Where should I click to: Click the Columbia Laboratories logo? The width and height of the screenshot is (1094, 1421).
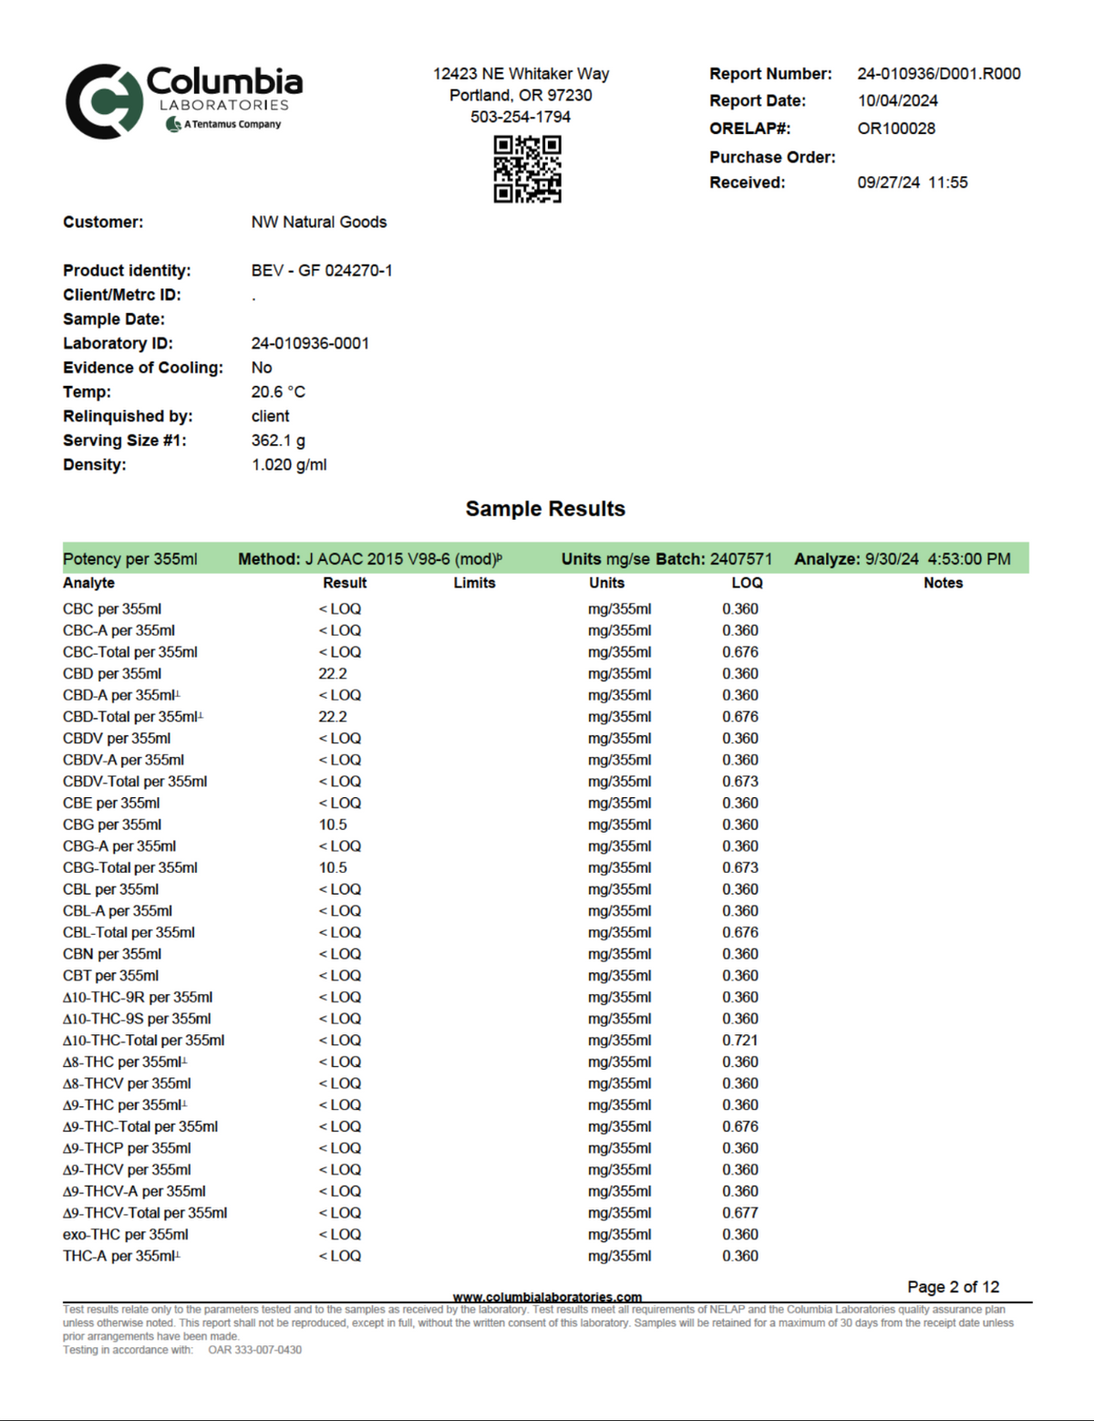[x=182, y=100]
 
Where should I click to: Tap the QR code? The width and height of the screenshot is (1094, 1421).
[x=527, y=169]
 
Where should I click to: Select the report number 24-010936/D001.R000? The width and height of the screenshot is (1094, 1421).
[x=938, y=74]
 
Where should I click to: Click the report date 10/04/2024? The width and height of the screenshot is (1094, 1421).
[x=897, y=101]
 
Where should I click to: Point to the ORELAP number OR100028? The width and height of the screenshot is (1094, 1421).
[x=895, y=129]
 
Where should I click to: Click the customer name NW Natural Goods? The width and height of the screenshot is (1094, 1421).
[x=318, y=223]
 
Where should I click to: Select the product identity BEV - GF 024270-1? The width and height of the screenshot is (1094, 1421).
[x=321, y=271]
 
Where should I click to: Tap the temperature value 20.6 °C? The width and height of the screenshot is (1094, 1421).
[x=278, y=392]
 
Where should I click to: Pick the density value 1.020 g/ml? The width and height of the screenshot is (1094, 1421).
[x=288, y=465]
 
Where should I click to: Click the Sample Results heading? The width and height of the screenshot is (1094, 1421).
[x=545, y=509]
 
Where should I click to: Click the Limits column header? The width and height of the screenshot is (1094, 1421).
[x=474, y=583]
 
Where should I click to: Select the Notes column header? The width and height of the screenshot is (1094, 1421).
[x=943, y=583]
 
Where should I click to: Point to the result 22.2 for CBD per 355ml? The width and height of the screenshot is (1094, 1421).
[x=332, y=674]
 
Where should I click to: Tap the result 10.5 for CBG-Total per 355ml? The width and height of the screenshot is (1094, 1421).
[x=332, y=868]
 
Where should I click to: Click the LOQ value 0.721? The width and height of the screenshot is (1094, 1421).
[x=739, y=1041]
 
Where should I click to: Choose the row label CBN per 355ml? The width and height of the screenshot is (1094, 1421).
[x=111, y=954]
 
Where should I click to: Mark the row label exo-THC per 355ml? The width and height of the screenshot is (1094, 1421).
[x=125, y=1235]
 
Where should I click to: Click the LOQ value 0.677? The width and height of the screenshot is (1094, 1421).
[x=739, y=1213]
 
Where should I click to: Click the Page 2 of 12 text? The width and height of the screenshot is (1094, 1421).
[x=953, y=1287]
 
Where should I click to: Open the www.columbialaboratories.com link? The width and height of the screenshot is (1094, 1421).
[x=547, y=1297]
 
